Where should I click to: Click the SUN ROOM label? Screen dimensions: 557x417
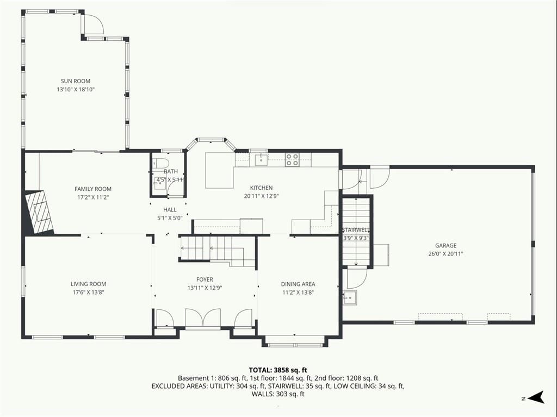(75, 81)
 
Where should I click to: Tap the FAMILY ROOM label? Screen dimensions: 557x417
(92, 189)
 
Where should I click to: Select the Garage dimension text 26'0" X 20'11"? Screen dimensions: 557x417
(445, 253)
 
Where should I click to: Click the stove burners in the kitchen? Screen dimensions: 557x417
(292, 160)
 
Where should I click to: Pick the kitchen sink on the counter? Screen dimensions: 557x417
(261, 160)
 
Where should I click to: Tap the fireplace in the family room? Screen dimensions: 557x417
(39, 212)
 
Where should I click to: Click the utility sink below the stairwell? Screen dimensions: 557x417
(350, 297)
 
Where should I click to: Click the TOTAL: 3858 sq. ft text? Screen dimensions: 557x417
(278, 370)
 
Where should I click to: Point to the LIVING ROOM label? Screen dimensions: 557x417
(88, 284)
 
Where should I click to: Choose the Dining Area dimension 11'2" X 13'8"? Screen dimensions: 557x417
(298, 292)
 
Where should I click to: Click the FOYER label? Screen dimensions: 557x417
(205, 279)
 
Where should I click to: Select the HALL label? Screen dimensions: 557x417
(170, 209)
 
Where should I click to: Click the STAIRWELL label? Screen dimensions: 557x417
(356, 230)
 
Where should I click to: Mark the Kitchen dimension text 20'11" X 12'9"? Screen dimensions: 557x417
(261, 196)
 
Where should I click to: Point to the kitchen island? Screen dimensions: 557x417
(220, 170)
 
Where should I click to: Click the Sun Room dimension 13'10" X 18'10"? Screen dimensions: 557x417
(75, 90)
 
